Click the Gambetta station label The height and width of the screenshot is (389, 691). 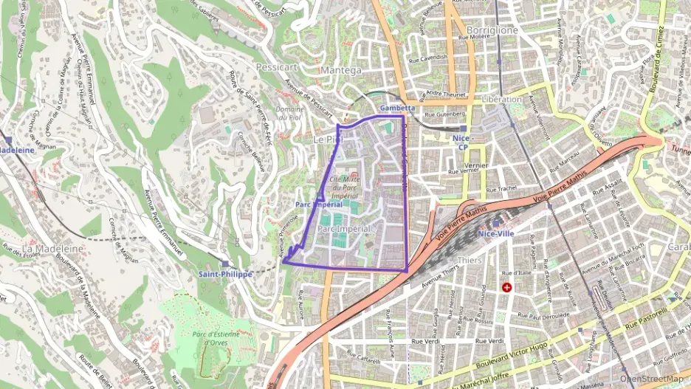(397, 108)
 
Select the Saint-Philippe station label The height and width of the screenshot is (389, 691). (225, 274)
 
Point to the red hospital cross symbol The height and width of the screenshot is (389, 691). (506, 286)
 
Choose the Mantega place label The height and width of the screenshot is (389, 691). (342, 70)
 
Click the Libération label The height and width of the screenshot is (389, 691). (501, 99)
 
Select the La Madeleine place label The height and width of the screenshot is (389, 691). (52, 249)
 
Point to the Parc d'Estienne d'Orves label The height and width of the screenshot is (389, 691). (216, 339)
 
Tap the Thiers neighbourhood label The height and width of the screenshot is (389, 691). (470, 260)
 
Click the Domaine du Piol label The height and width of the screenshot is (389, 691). (290, 112)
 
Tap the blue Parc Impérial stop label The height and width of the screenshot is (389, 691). (317, 204)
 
